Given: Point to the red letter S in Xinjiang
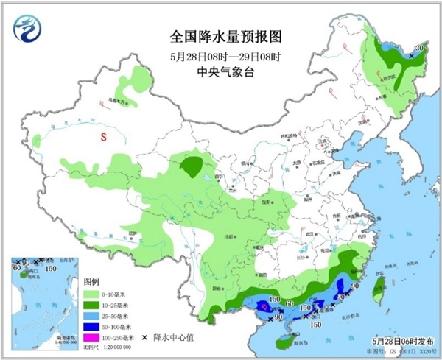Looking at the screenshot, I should tap(104, 138).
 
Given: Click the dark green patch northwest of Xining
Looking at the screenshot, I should tap(194, 166).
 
